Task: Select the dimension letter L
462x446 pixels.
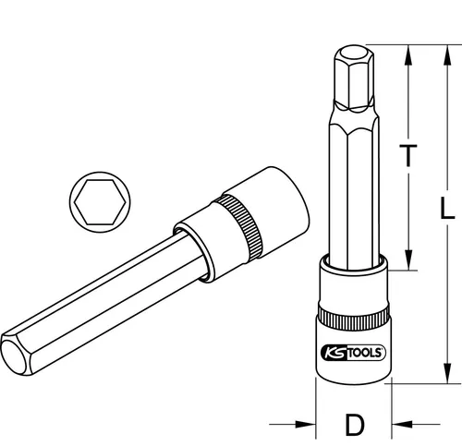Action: tap(446, 211)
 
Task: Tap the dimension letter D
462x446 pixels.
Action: tap(352, 426)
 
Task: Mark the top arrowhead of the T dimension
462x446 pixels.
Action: tap(406, 50)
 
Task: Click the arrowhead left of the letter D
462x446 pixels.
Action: tap(309, 426)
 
